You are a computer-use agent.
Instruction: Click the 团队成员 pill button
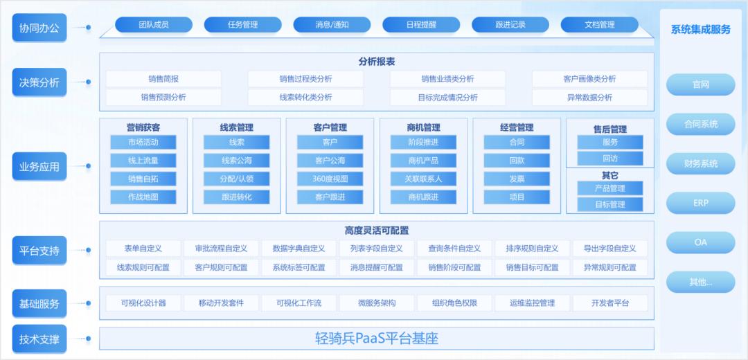154,25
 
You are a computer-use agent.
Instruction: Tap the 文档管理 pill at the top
600,25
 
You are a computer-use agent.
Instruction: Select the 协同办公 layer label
39,27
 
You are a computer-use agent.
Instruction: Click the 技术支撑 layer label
39,339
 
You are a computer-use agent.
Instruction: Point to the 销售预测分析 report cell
163,98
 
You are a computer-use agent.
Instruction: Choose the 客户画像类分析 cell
589,79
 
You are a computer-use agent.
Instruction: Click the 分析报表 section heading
377,62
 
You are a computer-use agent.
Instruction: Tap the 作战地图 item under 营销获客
143,197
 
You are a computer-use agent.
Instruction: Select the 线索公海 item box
237,161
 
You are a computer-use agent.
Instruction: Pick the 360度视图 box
330,179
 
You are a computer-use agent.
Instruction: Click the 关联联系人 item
423,179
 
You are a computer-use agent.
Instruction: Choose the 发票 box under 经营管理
517,179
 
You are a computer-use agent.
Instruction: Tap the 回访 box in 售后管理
610,159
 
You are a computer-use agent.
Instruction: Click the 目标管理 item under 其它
610,204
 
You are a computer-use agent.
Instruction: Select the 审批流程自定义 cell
221,249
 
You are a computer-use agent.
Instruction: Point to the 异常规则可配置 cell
610,267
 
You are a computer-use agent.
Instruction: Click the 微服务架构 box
377,303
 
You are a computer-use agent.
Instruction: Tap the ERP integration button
701,203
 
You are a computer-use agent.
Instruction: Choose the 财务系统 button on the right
701,163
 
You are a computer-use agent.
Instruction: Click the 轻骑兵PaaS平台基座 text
377,339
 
